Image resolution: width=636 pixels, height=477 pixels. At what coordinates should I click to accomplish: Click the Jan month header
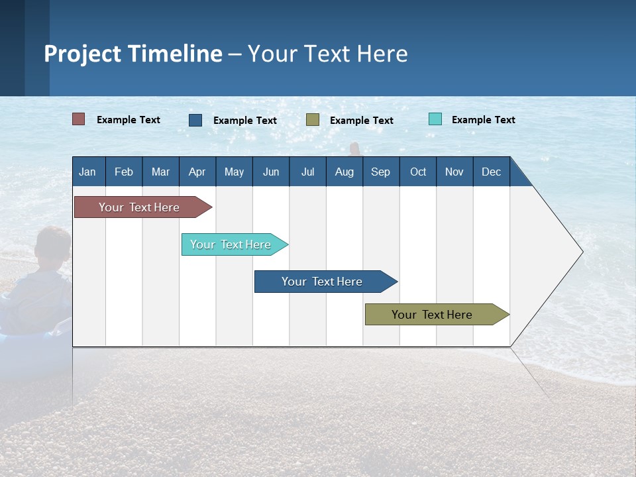click(88, 172)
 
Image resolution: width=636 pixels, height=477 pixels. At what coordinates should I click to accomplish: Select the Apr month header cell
click(197, 172)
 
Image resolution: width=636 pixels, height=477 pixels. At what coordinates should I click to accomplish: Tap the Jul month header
click(307, 172)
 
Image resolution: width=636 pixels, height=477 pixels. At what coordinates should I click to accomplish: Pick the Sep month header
click(381, 172)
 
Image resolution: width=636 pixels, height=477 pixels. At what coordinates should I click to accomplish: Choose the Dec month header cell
click(491, 172)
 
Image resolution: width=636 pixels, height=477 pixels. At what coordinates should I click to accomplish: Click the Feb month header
click(124, 172)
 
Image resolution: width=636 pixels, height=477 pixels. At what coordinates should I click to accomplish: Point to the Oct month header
click(418, 172)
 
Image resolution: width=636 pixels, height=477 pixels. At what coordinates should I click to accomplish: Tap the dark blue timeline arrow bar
click(323, 282)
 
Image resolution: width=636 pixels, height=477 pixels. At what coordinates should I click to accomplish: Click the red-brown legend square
click(79, 119)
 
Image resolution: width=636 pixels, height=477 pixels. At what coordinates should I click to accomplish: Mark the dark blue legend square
click(195, 120)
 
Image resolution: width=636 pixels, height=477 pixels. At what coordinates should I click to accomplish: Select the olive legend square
click(313, 120)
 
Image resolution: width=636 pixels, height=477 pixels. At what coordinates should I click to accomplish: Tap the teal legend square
click(435, 119)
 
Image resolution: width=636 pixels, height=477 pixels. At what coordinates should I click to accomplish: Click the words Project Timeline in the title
click(132, 54)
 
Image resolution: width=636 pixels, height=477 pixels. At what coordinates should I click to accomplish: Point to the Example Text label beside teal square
click(483, 120)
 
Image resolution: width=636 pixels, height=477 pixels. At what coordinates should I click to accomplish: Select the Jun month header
click(271, 172)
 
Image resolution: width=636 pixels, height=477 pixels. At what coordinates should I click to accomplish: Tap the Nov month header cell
click(454, 172)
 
